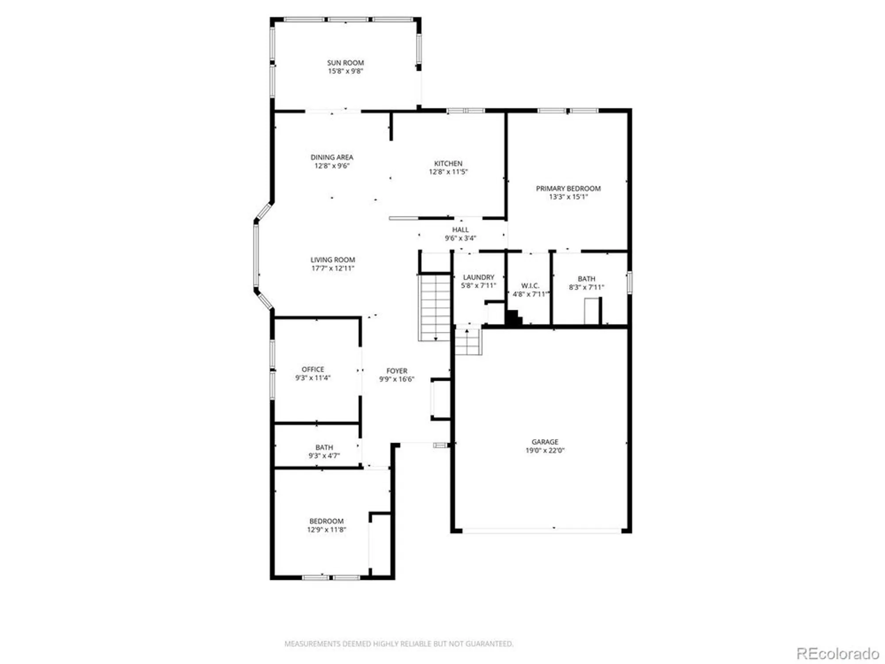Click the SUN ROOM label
[345, 63]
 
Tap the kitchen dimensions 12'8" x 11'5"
[448, 172]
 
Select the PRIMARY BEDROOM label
[568, 188]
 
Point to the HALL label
[460, 229]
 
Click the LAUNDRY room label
[478, 277]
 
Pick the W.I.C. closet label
[530, 286]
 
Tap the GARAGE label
[545, 442]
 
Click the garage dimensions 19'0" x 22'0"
[545, 450]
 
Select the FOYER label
[396, 371]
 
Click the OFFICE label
[313, 369]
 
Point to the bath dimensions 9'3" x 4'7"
[324, 456]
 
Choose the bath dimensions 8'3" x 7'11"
[586, 287]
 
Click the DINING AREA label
[332, 157]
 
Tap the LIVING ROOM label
[332, 260]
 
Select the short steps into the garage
[468, 341]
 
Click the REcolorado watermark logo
[837, 653]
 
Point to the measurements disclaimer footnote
[399, 644]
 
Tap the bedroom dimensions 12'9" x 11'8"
[327, 529]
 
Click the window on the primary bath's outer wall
[629, 282]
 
